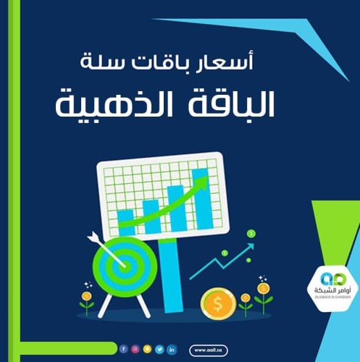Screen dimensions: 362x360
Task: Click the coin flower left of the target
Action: (x=86, y=298)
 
